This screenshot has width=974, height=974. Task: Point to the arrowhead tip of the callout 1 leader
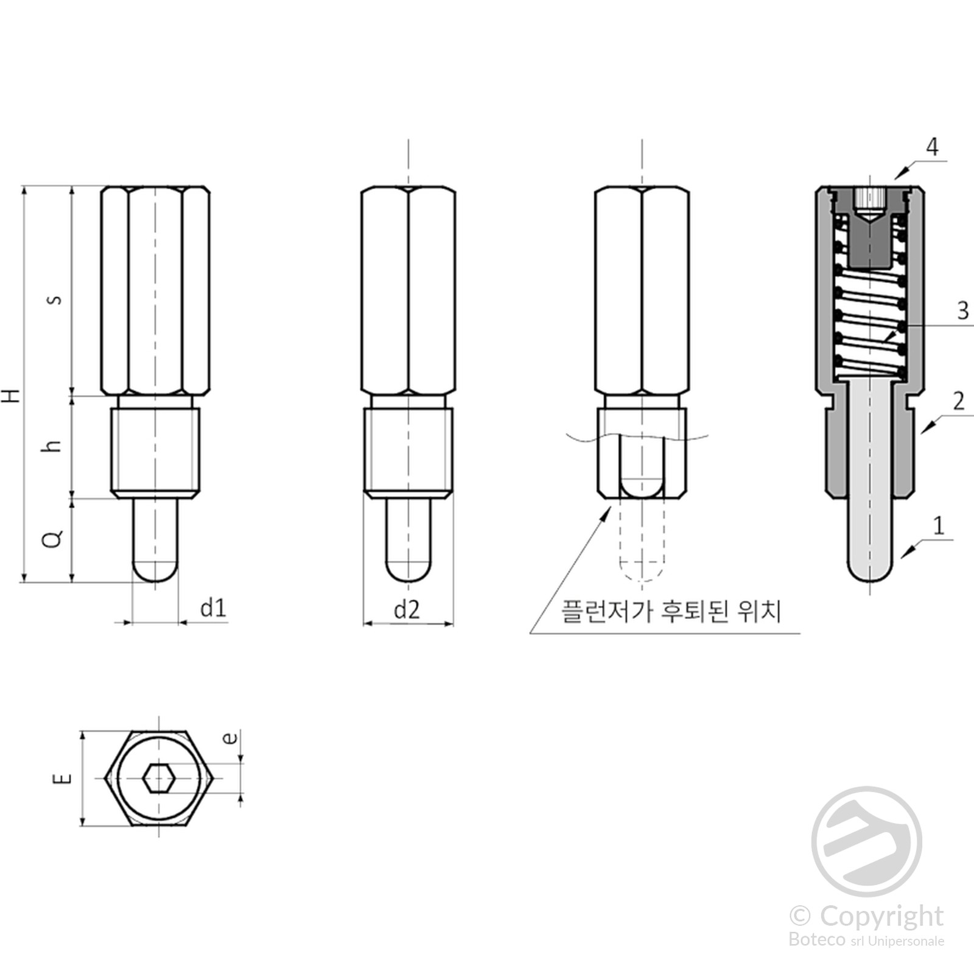(x=901, y=558)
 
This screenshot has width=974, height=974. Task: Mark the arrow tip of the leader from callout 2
(x=921, y=433)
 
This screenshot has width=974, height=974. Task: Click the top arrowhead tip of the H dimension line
(x=25, y=186)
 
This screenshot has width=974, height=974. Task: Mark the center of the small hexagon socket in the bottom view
(x=159, y=779)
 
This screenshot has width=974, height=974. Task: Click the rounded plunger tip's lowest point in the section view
(x=871, y=582)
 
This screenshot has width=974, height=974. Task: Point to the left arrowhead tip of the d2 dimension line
(x=363, y=623)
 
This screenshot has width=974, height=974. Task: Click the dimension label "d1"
(x=214, y=608)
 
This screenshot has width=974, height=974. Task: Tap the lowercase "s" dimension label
(x=55, y=300)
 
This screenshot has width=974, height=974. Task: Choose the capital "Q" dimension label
(x=54, y=538)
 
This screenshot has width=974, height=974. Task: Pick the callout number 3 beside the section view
(x=962, y=310)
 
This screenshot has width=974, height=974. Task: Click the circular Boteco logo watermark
(x=867, y=841)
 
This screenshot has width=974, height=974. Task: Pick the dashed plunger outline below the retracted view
(x=642, y=541)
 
